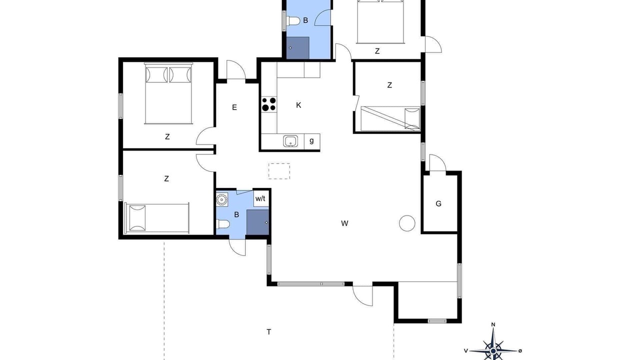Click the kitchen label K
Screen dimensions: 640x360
(x=298, y=105)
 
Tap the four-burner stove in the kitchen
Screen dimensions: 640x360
(x=269, y=104)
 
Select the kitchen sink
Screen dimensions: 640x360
(x=290, y=141)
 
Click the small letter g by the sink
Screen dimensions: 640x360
(x=311, y=140)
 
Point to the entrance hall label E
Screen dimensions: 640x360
(x=234, y=107)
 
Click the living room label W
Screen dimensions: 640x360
(x=344, y=223)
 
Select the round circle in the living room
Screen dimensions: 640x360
(x=407, y=223)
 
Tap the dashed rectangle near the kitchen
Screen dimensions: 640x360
(x=279, y=171)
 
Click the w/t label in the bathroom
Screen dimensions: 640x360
(x=260, y=198)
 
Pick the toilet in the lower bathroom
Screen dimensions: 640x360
(x=223, y=224)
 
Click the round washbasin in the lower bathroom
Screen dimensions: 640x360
(x=221, y=199)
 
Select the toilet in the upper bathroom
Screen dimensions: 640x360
(x=293, y=21)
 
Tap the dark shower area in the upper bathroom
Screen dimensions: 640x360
(x=297, y=48)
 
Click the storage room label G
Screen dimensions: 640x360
(x=438, y=203)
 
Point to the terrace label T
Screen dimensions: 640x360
(x=269, y=331)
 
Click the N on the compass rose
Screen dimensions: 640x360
(x=493, y=324)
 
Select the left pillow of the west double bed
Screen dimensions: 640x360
(x=156, y=75)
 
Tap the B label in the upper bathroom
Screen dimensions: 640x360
(x=305, y=20)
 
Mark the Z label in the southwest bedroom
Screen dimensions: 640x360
(x=166, y=178)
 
